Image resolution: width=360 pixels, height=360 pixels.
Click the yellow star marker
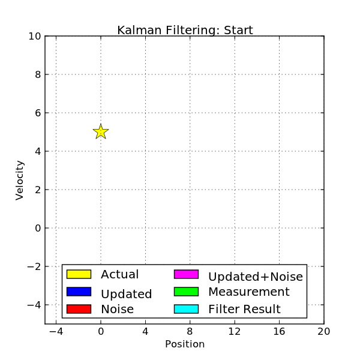click(x=101, y=131)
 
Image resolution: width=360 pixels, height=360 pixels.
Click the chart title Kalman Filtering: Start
click(x=185, y=30)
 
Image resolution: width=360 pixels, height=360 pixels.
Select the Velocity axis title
click(x=20, y=180)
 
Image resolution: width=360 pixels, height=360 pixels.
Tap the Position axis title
click(x=185, y=344)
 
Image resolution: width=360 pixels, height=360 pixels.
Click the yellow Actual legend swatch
click(x=79, y=274)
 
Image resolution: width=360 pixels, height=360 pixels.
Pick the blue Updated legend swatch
click(x=79, y=292)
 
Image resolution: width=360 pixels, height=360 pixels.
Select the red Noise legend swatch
click(x=79, y=309)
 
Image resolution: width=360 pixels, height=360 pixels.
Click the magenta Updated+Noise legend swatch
click(x=186, y=274)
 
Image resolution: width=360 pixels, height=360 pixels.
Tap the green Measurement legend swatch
click(x=186, y=292)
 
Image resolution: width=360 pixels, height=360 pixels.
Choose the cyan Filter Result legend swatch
click(x=186, y=309)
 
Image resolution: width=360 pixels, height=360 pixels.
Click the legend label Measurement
click(x=248, y=292)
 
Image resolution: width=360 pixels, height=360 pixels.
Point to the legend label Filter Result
click(x=244, y=310)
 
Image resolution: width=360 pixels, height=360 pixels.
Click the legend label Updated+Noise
click(x=256, y=277)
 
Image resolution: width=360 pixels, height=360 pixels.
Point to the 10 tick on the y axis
click(x=34, y=36)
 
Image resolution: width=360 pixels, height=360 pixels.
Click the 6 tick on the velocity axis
click(x=37, y=113)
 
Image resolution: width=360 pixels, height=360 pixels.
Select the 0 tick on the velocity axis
click(x=37, y=228)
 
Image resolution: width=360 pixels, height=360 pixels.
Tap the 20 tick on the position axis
click(x=324, y=331)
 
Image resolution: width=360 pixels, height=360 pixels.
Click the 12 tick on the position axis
click(x=235, y=331)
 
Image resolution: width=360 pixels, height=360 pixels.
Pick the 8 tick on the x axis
click(x=190, y=331)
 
